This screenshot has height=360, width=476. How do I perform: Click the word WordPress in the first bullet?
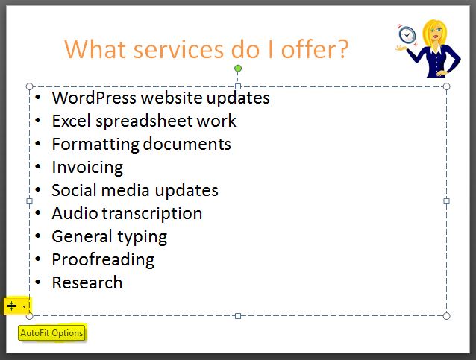click(94, 98)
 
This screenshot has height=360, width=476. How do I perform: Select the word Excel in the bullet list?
click(72, 121)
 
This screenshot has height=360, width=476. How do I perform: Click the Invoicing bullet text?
click(87, 168)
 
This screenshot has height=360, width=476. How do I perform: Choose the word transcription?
click(151, 214)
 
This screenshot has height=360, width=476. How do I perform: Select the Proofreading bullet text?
click(103, 260)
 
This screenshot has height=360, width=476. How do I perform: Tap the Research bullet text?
click(87, 282)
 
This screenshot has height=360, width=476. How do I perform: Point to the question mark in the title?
click(342, 48)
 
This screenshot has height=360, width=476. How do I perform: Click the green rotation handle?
click(238, 69)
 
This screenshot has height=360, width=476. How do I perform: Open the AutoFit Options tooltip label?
click(51, 333)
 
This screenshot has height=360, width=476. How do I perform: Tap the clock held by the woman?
click(407, 35)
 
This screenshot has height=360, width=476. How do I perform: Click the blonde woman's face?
click(436, 34)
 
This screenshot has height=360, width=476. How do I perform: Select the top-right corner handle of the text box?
click(446, 86)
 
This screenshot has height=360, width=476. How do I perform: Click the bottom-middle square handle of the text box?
click(238, 316)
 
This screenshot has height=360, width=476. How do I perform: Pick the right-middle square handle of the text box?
click(446, 201)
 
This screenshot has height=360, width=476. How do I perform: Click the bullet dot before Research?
click(38, 282)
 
